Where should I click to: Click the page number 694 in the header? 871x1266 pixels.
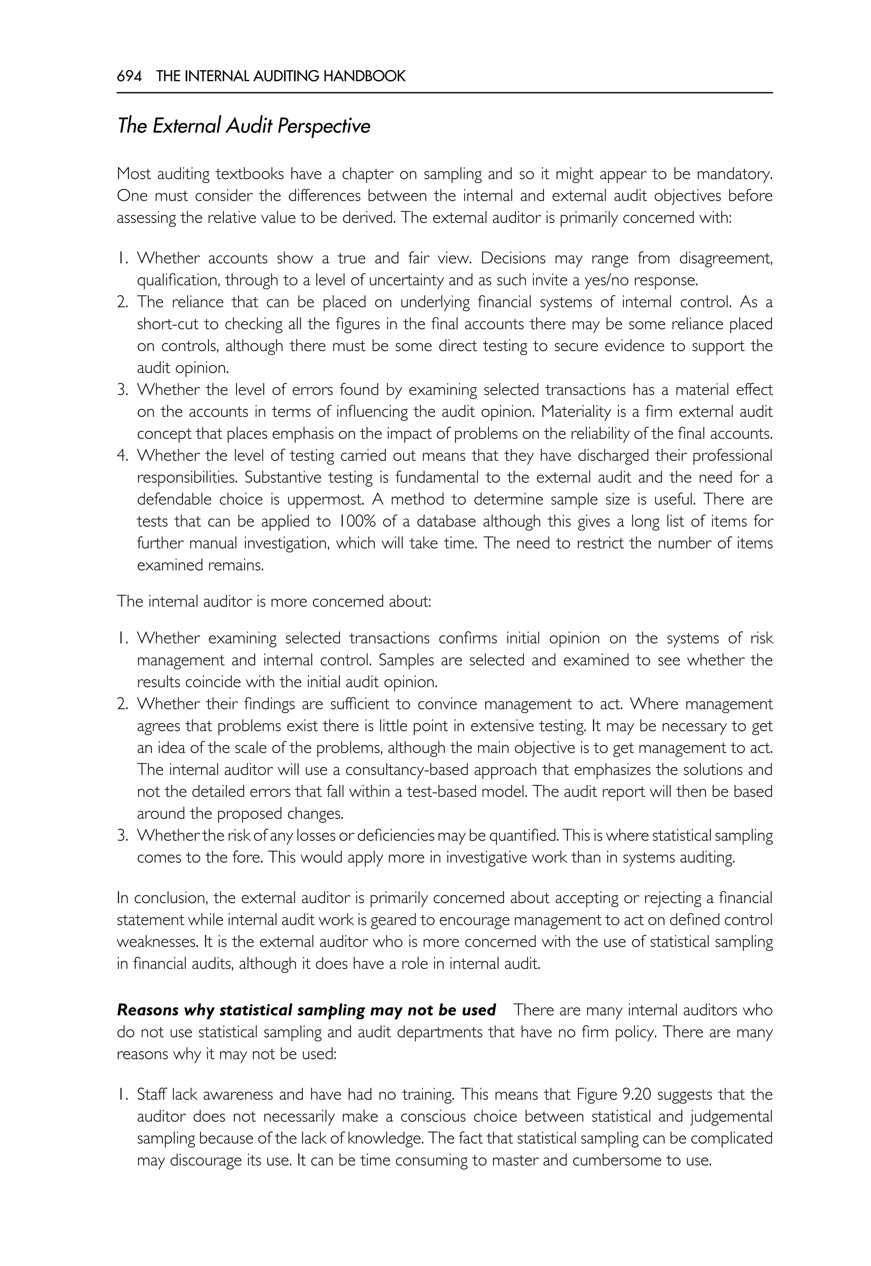129,77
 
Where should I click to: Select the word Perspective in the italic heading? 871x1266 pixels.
324,127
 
